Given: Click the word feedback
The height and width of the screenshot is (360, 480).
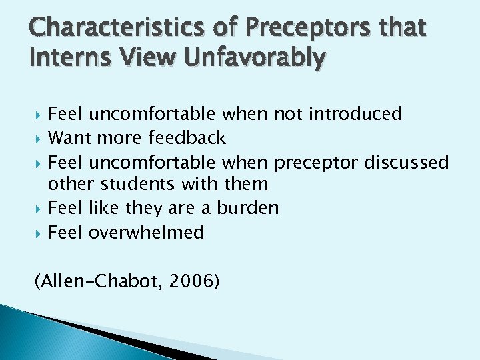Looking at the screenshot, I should pos(187,138).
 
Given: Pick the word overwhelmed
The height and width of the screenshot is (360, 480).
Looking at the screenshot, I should pos(146,232).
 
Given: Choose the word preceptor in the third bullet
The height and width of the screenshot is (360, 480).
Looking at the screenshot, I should pos(317,162).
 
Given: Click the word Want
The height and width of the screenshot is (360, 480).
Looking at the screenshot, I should pos(70,138).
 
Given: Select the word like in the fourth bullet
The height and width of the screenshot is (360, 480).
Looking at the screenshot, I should pos(101,208).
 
